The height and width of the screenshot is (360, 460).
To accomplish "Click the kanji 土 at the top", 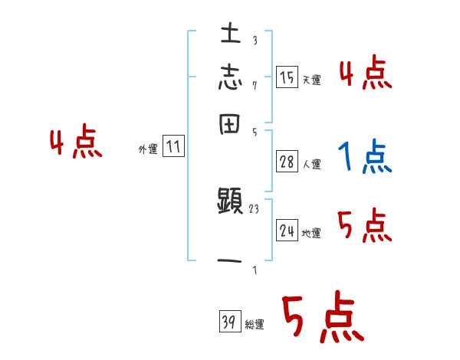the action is [x=231, y=34].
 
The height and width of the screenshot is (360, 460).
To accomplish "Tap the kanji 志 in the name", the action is [x=231, y=79].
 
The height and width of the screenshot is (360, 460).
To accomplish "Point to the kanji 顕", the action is [x=231, y=203].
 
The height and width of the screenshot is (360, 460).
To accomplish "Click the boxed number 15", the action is [x=287, y=77].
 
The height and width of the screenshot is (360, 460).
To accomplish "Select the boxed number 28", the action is [x=287, y=161].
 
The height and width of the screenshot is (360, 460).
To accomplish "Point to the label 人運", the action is [x=311, y=164].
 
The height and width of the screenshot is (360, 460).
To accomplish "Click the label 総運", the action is [x=255, y=326].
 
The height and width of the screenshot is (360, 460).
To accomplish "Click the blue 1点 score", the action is [x=363, y=157].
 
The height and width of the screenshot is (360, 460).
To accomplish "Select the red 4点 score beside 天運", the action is [x=365, y=74].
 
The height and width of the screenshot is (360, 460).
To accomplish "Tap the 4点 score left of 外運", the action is [x=75, y=143].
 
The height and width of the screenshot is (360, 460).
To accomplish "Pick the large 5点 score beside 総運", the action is [x=322, y=318].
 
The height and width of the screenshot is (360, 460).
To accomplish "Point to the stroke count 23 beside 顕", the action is [x=255, y=208].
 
